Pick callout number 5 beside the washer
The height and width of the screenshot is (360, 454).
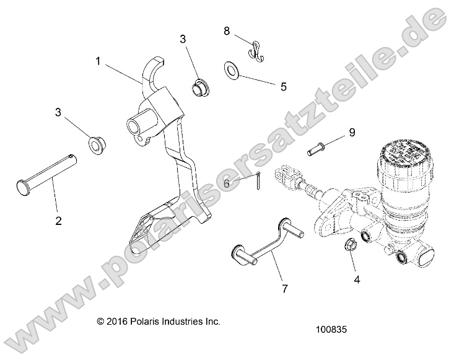pos(283,87)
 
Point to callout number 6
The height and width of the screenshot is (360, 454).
pos(227,183)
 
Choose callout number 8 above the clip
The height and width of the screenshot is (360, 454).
pos(227,30)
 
